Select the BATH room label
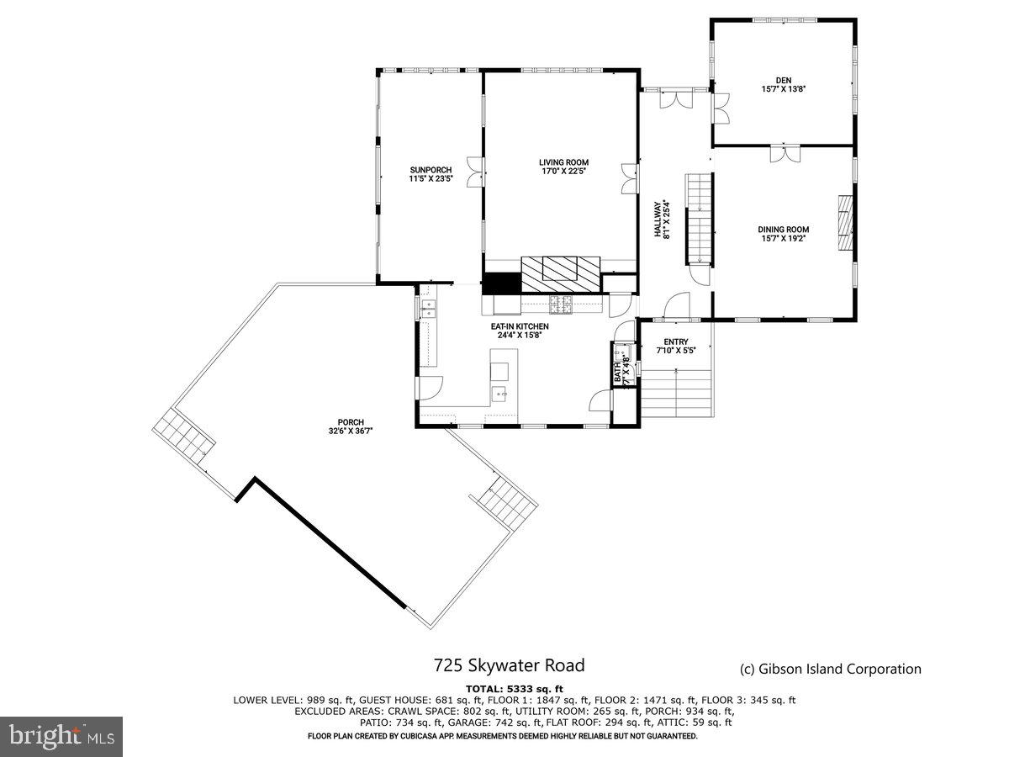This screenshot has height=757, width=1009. point(621,369)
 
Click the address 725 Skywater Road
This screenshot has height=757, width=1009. point(509,665)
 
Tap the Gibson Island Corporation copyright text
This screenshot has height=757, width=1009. point(830,670)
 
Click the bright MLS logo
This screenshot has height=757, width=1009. point(61,737)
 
